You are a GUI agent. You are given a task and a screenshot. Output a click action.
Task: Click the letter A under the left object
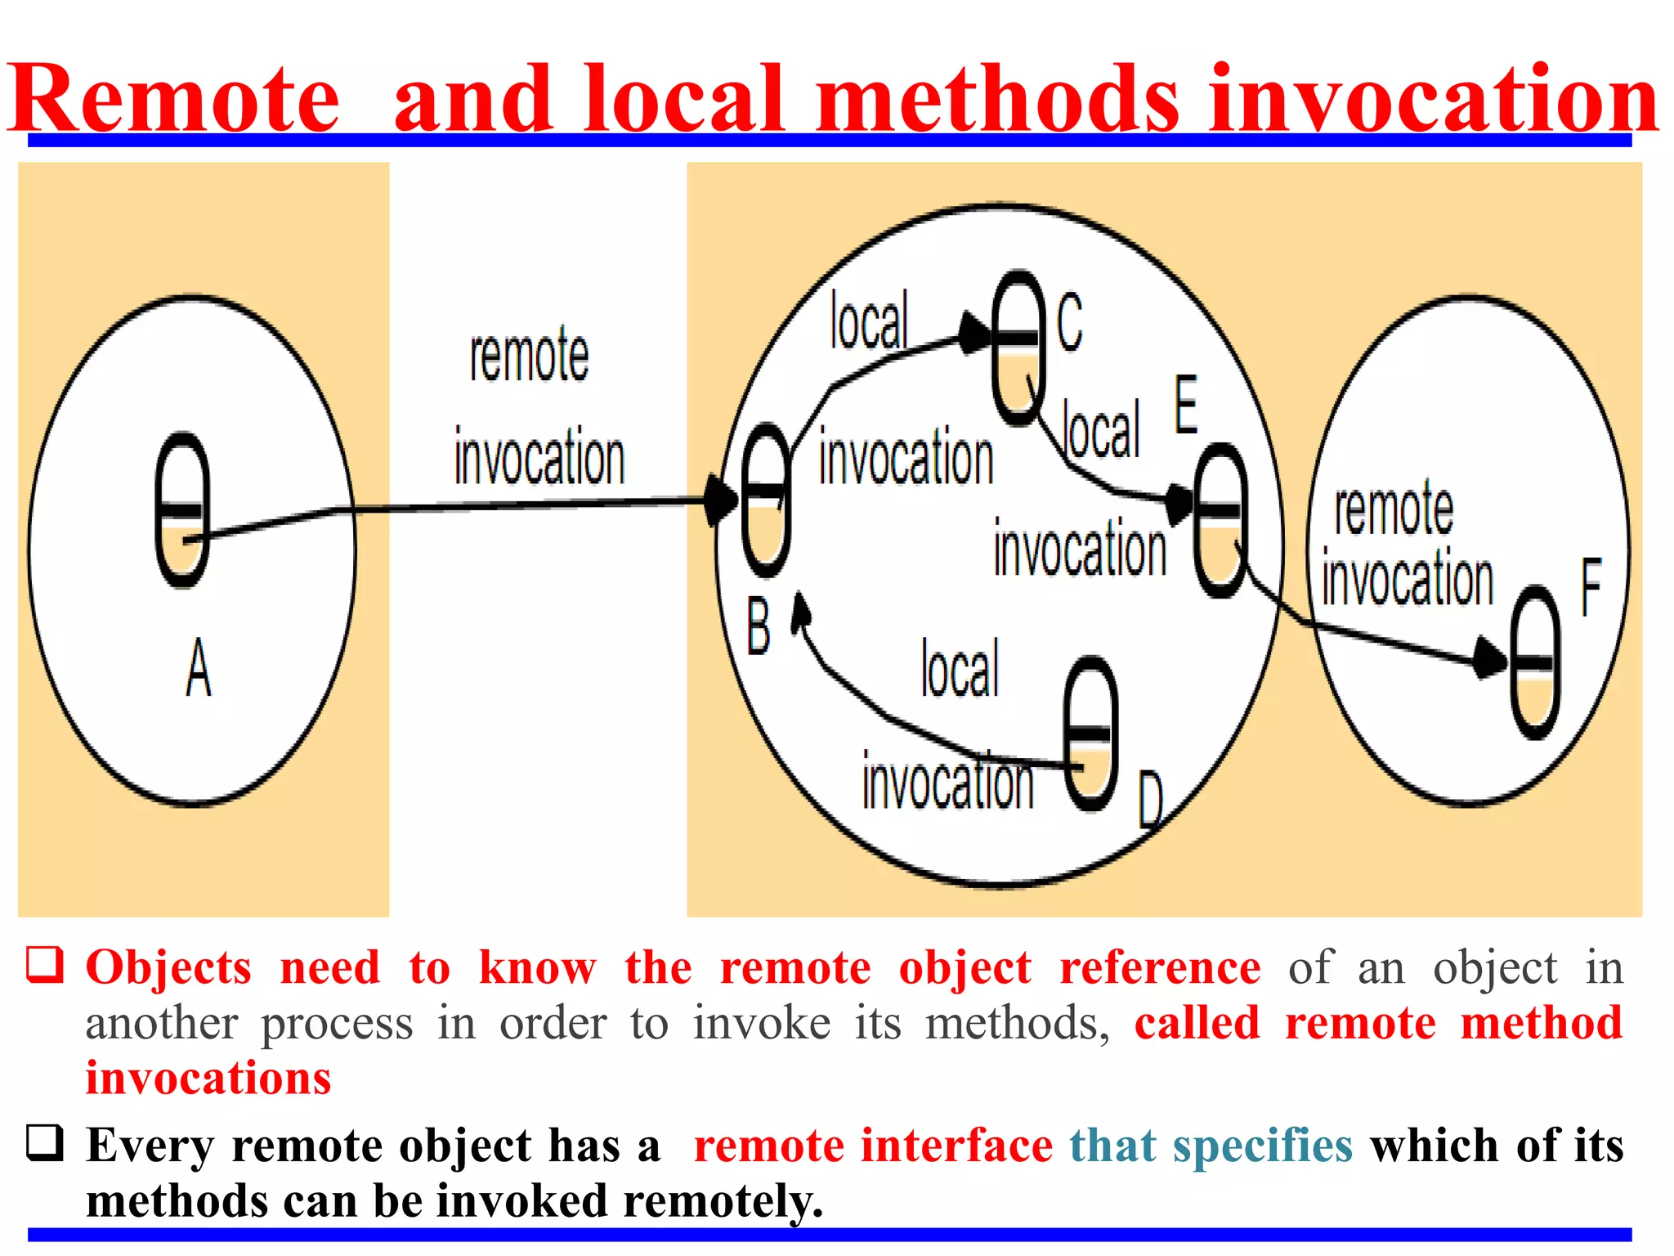(198, 668)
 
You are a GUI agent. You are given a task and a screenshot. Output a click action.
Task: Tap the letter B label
(759, 627)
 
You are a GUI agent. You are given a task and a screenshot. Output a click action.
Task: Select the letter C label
(1069, 323)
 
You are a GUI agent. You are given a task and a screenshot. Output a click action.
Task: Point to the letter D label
(1151, 800)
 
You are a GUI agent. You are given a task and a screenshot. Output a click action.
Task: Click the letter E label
(1186, 404)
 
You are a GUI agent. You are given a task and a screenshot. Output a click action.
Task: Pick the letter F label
(1591, 587)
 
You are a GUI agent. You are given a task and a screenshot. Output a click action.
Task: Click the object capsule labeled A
(182, 509)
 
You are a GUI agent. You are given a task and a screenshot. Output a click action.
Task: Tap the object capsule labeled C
(1018, 348)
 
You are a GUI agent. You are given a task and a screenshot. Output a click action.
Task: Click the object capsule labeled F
(1535, 662)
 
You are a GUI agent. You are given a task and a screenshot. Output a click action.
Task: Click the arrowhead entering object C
(974, 333)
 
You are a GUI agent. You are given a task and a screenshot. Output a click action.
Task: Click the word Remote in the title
(174, 98)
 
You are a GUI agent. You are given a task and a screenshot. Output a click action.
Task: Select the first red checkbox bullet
(45, 964)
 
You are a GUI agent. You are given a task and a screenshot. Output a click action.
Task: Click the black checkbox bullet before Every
(45, 1142)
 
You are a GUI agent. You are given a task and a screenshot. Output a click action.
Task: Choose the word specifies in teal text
(1262, 1145)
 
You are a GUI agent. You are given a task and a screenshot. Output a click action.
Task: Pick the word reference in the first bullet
(1160, 967)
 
